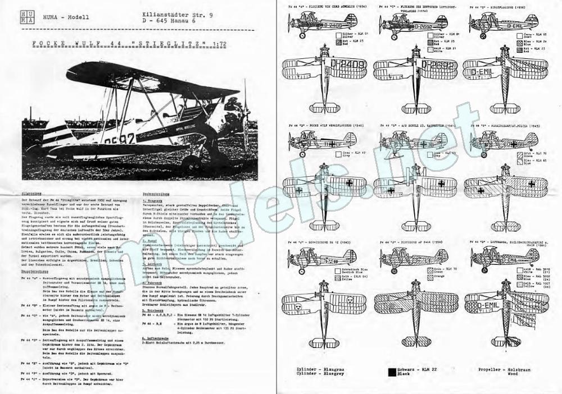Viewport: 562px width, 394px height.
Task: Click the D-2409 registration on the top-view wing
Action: coord(349,66)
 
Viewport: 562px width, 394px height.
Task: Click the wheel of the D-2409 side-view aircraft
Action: coord(301,36)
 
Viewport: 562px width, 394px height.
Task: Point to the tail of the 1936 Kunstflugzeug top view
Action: coord(506,107)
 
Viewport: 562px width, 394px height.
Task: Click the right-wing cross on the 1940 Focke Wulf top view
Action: coord(348,182)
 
